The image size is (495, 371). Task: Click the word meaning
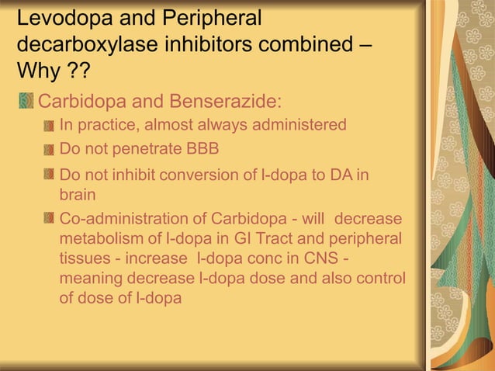click(92, 277)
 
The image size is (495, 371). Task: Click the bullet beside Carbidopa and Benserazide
click(26, 102)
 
